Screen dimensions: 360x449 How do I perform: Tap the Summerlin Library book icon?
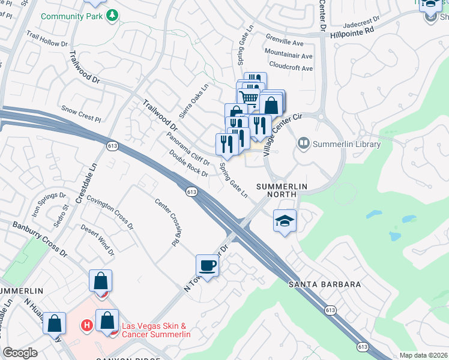pos(303,144)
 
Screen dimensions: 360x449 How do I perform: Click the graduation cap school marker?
pos(285,220)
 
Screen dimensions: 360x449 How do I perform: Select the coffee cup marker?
pos(208,265)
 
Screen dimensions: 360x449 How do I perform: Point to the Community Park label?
pos(71,16)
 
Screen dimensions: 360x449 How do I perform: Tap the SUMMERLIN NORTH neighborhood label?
pos(282,187)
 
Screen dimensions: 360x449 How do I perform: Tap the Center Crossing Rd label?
pos(167,223)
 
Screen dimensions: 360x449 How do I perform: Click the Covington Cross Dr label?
pos(110,212)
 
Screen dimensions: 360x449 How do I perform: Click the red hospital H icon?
pos(87,326)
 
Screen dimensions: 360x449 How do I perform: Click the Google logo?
pos(20,353)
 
